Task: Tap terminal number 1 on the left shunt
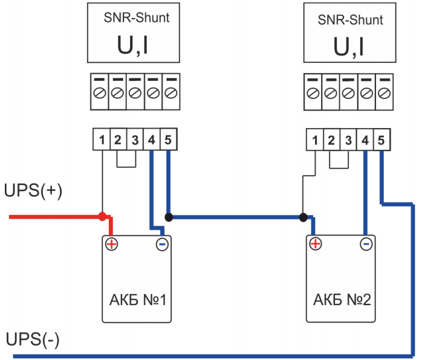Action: (x=102, y=140)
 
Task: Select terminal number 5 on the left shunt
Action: (x=168, y=140)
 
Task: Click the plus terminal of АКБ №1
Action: (x=112, y=244)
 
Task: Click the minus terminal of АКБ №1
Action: (x=162, y=244)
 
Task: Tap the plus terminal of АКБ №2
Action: (x=315, y=244)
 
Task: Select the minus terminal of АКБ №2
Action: (x=365, y=244)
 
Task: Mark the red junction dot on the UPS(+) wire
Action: (x=103, y=216)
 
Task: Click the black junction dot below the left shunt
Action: (x=169, y=216)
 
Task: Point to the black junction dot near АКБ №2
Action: (x=302, y=216)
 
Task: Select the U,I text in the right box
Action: (x=349, y=47)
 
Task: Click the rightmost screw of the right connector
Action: (x=383, y=93)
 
